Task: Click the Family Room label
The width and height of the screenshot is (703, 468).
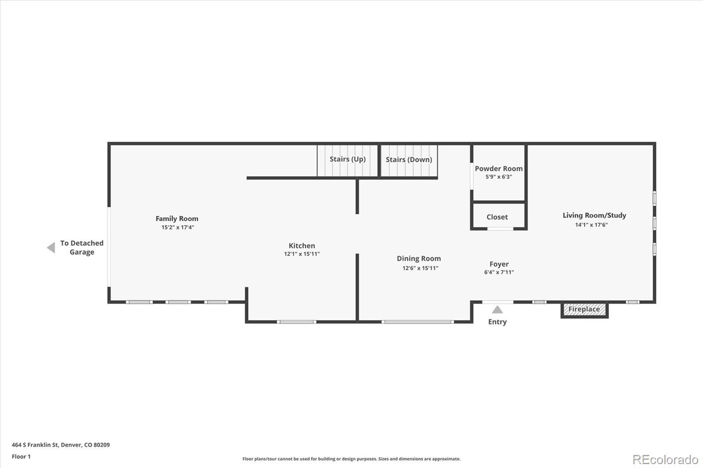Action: [177, 219]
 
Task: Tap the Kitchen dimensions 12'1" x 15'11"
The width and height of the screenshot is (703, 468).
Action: [301, 254]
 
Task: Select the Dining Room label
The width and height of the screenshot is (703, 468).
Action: [418, 259]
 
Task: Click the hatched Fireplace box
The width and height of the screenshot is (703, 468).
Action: [584, 310]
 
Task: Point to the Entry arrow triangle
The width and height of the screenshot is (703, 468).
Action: [497, 310]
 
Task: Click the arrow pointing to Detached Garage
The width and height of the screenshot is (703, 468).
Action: [51, 248]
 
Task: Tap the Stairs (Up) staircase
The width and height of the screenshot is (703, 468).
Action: [348, 161]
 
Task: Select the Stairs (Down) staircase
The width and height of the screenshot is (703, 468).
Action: [409, 161]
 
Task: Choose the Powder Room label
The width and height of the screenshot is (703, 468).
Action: [498, 169]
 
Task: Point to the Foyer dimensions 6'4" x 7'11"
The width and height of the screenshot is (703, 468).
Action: [499, 272]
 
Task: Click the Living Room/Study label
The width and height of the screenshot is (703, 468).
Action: [594, 216]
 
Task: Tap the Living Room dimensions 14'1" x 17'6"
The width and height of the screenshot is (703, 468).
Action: [591, 225]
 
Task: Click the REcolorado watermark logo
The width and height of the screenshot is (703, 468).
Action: [665, 460]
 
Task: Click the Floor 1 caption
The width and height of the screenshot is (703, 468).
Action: [21, 457]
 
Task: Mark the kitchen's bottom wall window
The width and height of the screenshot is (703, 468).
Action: [297, 322]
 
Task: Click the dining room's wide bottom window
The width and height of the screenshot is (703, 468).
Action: [417, 322]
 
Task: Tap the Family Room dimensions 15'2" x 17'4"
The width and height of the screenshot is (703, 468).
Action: [178, 227]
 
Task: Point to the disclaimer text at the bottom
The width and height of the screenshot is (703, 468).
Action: [351, 459]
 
